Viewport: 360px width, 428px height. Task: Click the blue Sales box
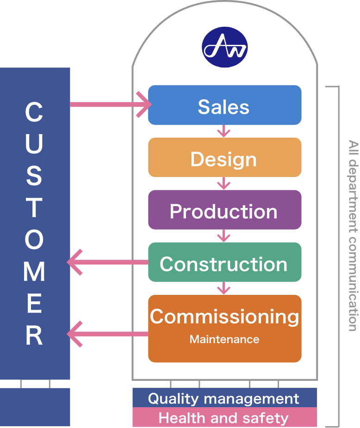(x=224, y=105)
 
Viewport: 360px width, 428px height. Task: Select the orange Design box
(x=224, y=158)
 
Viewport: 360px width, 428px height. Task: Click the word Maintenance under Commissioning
(x=224, y=340)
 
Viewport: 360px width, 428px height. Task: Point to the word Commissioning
(x=224, y=317)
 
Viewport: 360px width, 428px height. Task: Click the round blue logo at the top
(x=225, y=48)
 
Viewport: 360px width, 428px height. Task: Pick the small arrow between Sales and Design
(x=224, y=131)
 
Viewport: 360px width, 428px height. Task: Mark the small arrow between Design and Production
(x=224, y=183)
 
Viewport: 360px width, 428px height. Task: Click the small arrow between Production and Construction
(x=224, y=236)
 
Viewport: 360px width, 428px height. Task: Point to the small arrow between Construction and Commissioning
(x=224, y=288)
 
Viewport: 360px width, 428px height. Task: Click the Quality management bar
(x=224, y=398)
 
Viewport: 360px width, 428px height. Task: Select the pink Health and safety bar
(x=224, y=418)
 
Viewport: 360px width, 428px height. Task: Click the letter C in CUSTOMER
(x=34, y=113)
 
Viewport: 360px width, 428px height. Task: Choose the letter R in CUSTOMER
(x=34, y=335)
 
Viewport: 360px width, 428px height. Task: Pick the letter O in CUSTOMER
(x=34, y=240)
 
